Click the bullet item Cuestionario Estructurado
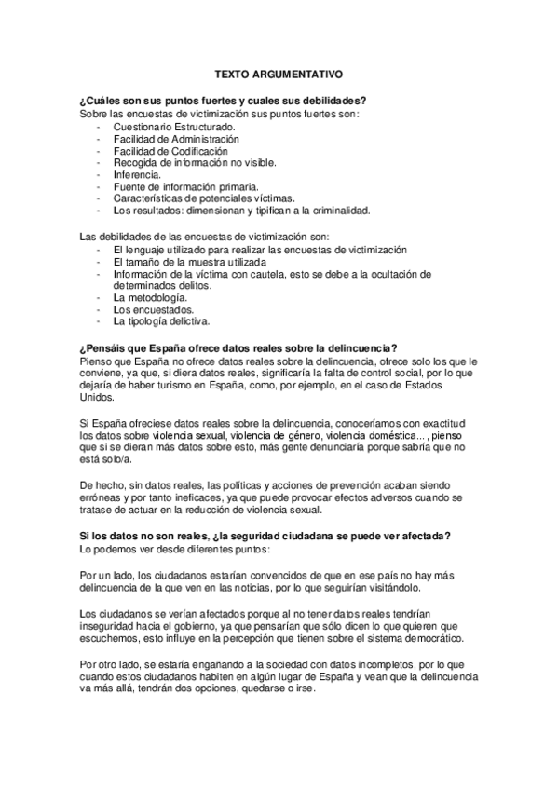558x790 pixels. [x=174, y=126]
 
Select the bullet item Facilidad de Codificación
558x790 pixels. [x=170, y=150]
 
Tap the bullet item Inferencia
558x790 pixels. [x=137, y=174]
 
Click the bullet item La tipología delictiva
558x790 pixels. [x=161, y=321]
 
